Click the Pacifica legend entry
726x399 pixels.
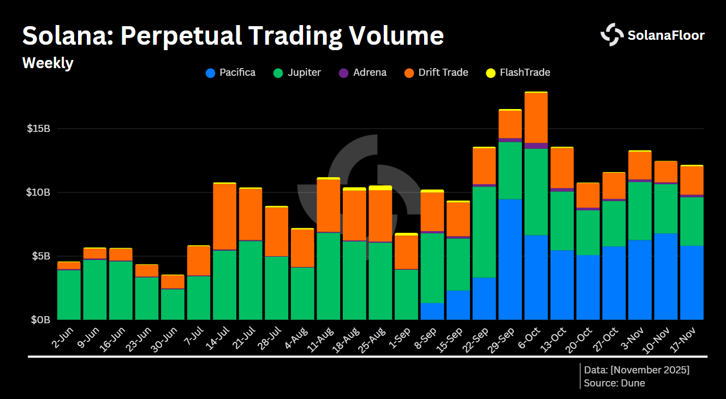click(x=231, y=72)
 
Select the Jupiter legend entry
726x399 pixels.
click(x=297, y=72)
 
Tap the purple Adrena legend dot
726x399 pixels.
click(x=344, y=73)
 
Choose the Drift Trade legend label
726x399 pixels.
click(x=443, y=72)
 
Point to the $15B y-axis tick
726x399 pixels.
click(x=38, y=129)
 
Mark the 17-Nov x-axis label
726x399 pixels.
click(x=687, y=337)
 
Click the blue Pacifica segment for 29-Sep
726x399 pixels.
click(x=510, y=259)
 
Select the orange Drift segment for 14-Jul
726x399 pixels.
click(x=224, y=216)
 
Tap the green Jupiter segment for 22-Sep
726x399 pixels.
click(x=484, y=232)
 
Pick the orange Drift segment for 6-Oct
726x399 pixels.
click(x=535, y=118)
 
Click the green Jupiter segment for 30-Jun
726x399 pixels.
click(x=172, y=304)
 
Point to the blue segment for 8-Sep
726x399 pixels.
click(x=432, y=311)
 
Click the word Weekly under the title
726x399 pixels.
click(x=48, y=63)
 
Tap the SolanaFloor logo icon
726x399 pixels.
click(x=611, y=35)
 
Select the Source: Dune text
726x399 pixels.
click(x=614, y=383)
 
